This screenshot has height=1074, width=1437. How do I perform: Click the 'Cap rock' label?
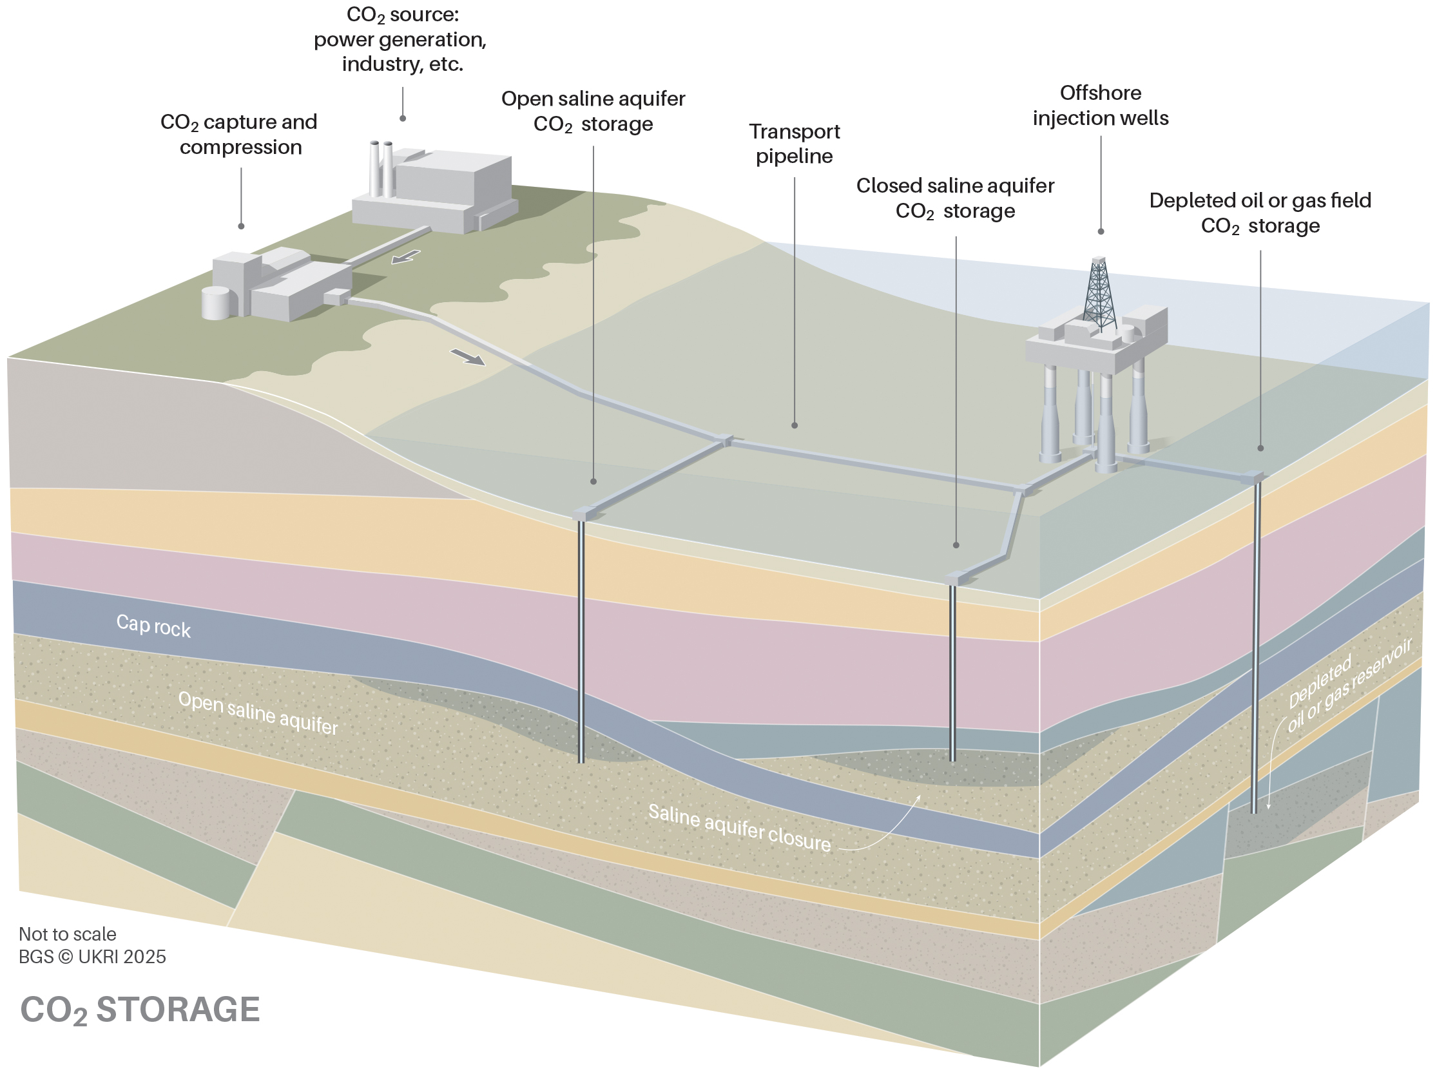tap(153, 626)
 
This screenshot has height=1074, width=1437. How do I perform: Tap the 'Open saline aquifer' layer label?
tap(258, 713)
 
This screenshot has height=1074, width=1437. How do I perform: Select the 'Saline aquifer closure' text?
tap(739, 827)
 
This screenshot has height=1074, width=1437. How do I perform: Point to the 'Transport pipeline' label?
tap(794, 144)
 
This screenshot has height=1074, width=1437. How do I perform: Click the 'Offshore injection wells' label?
tap(1101, 105)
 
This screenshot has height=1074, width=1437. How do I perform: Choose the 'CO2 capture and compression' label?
tap(240, 135)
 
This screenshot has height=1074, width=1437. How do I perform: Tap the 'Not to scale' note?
tap(68, 934)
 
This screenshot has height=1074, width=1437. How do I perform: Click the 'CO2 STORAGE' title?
tap(140, 1010)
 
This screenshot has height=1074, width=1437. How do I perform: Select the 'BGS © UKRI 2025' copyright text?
tap(92, 957)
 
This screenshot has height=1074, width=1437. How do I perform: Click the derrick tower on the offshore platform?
tap(1099, 296)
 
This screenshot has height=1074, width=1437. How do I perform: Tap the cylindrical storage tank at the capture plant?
tap(216, 303)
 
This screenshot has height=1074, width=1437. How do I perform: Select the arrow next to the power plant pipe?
tap(406, 257)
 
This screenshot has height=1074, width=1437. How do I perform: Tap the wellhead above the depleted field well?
tap(1255, 477)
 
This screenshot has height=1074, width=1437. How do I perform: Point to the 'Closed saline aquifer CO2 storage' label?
tap(955, 198)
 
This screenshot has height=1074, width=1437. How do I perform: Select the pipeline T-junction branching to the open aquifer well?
tap(726, 440)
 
